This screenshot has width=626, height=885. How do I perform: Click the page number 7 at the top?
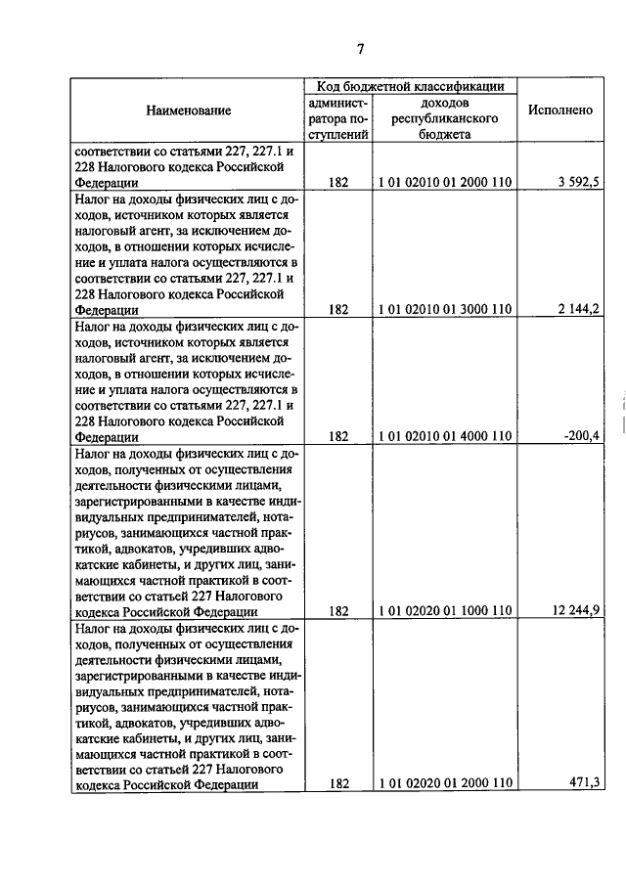tap(360, 50)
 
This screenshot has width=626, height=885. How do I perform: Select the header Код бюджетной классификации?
tap(410, 87)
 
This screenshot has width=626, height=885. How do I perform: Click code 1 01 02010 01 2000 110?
tap(445, 181)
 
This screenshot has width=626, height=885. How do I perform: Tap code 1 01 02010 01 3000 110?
tap(445, 309)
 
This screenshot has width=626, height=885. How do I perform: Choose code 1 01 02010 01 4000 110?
tap(445, 436)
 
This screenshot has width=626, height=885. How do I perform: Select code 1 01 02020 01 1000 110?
tap(445, 610)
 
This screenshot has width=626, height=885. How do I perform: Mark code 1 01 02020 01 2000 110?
tap(445, 782)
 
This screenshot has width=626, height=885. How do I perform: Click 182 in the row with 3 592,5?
tap(338, 181)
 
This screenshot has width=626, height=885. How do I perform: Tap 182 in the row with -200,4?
tap(338, 436)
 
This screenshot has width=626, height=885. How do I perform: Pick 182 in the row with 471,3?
tap(338, 782)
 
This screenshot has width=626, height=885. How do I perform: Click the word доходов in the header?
tap(445, 102)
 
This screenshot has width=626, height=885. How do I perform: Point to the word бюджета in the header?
tap(445, 135)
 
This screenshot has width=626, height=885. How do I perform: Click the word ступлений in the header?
tap(338, 135)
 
